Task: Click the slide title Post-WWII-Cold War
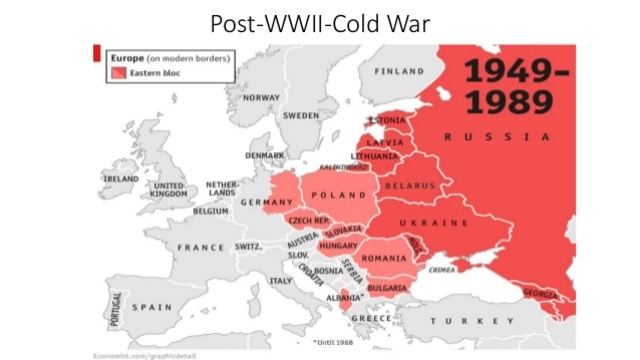(319, 22)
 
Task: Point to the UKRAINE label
(435, 222)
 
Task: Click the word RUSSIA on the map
(497, 136)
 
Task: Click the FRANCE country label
(201, 247)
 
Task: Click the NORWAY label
(262, 98)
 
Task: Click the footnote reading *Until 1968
(333, 341)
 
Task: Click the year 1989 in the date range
(514, 102)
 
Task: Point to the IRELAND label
(121, 179)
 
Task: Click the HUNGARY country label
(339, 243)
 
